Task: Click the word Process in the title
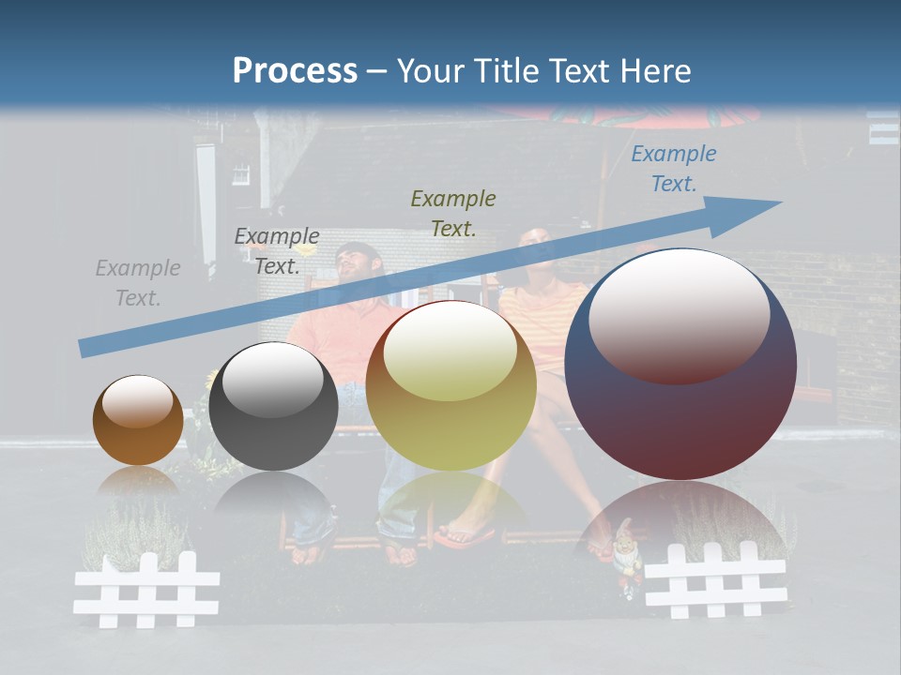point(295,70)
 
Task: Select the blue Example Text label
point(673,169)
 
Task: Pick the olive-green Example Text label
point(453,213)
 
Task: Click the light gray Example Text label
point(138,283)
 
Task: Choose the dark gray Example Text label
point(277,250)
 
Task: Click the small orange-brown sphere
point(138,421)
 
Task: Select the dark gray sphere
point(273,406)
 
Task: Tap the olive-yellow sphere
point(450,385)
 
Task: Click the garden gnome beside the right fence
point(627,562)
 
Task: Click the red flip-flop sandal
point(466,536)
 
